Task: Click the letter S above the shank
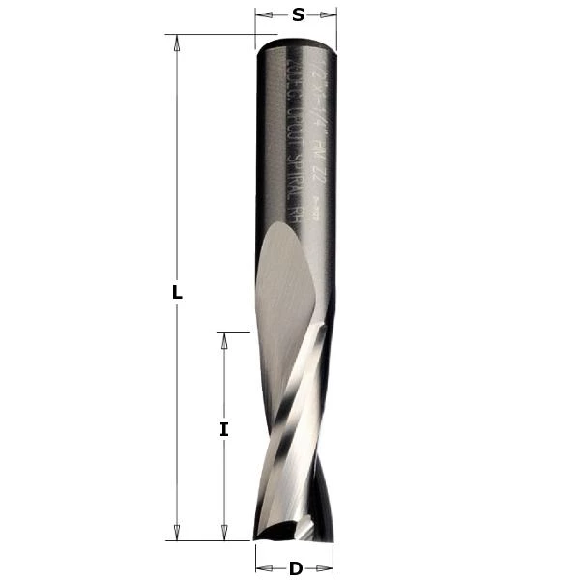(298, 14)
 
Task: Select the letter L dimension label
(177, 294)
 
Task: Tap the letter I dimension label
(223, 430)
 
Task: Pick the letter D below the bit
(296, 568)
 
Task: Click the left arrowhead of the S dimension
(260, 14)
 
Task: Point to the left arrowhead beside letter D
(259, 568)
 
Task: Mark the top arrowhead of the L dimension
(177, 41)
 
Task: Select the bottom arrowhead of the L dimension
(177, 535)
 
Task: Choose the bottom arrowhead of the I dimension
(223, 535)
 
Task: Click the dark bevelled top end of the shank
(297, 42)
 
